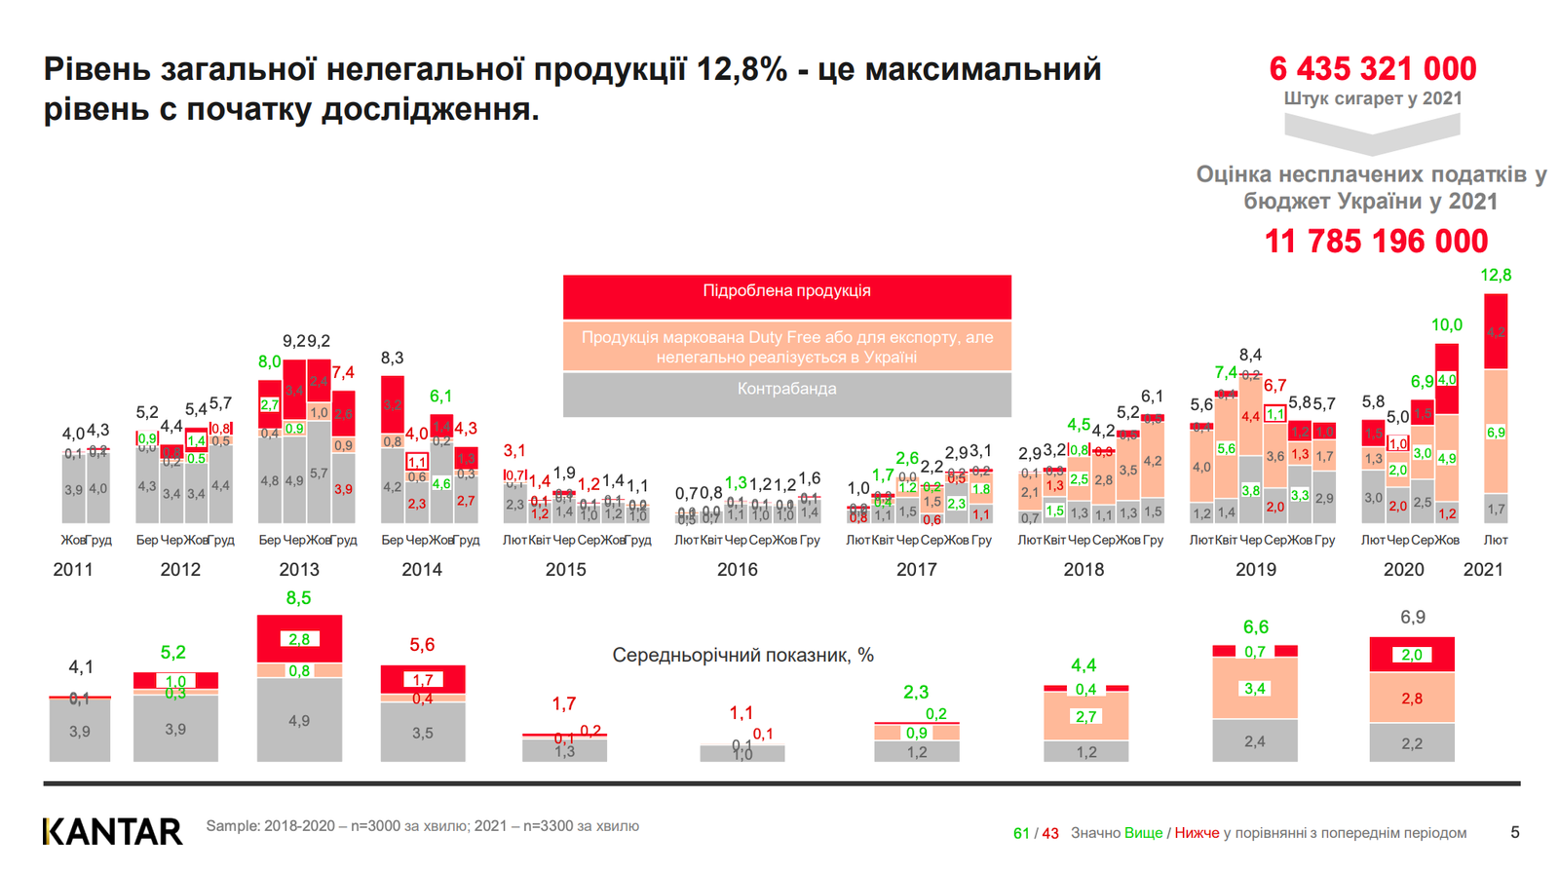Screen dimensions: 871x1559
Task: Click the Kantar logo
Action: pos(112,831)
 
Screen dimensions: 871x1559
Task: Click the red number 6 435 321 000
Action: pos(1372,69)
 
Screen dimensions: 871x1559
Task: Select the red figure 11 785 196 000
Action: pos(1376,241)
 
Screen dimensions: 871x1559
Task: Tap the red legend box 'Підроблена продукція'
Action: pos(786,295)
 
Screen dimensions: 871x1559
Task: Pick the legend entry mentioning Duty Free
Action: pos(786,347)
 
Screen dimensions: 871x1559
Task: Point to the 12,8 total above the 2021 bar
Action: pos(1495,276)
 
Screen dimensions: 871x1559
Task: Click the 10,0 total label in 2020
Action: pos(1446,325)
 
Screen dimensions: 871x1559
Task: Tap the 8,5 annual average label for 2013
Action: pos(298,598)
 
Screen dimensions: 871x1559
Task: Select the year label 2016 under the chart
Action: pos(737,570)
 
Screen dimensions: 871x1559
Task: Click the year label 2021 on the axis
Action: pos(1483,570)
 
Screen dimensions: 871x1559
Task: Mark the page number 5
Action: pos(1514,832)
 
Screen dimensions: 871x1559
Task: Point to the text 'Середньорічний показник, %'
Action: pos(742,656)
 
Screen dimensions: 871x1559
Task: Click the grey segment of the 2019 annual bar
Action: pos(1254,740)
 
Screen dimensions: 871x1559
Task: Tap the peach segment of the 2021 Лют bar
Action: pos(1496,432)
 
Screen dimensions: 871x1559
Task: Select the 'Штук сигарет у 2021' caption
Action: pos(1372,98)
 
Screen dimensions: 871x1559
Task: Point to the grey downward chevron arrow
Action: pos(1372,134)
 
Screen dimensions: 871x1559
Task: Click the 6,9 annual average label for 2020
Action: pos(1412,618)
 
